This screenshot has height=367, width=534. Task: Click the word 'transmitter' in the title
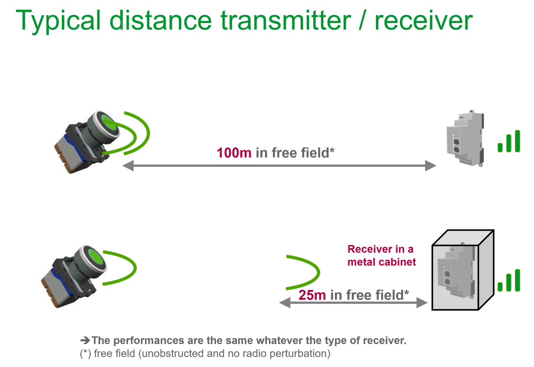pos(285,20)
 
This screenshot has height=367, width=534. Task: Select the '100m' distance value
pos(234,153)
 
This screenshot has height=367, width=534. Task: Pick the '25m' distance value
pos(312,295)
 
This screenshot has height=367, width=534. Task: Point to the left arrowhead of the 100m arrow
pos(128,165)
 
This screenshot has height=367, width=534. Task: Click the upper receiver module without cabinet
pos(464,139)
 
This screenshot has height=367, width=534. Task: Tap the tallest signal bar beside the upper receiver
pos(517,141)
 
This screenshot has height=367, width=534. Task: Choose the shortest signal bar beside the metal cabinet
pos(500,287)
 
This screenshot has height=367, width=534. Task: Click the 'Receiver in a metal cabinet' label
pos(381,255)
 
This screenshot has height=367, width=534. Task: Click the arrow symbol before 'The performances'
pos(85,340)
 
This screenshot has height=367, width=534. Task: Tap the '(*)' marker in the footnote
pos(86,353)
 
